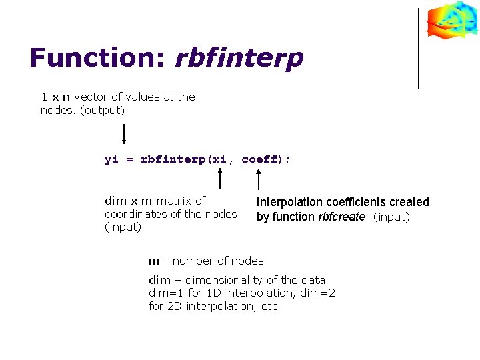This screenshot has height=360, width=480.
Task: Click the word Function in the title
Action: (x=97, y=58)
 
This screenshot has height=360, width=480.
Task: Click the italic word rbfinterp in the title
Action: (x=239, y=58)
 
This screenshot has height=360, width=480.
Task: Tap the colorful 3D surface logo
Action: (x=452, y=20)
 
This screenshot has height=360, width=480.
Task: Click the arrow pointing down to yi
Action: (x=124, y=133)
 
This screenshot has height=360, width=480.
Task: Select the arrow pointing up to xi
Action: (x=221, y=179)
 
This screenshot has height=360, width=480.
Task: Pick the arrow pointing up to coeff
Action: (x=259, y=179)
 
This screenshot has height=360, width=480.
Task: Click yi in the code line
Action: (x=111, y=160)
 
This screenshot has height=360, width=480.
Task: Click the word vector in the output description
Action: (x=91, y=97)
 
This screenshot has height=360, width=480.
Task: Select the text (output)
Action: (x=102, y=110)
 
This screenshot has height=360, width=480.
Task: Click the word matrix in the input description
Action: (x=173, y=201)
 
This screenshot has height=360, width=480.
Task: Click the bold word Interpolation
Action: (x=290, y=202)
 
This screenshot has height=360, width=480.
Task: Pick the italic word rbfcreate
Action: (x=342, y=217)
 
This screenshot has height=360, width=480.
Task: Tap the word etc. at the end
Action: (x=271, y=307)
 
